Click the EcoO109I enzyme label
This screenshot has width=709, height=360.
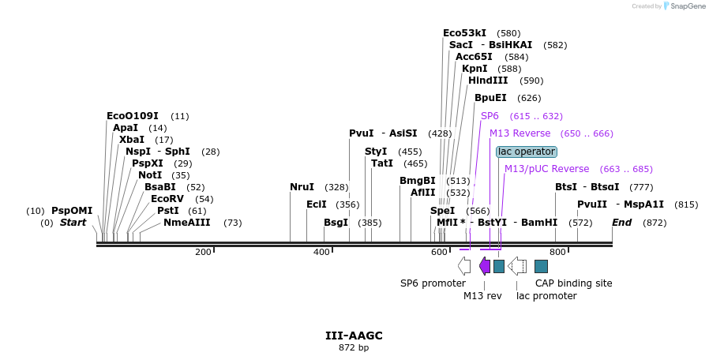point(132,116)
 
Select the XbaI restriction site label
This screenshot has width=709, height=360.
point(132,140)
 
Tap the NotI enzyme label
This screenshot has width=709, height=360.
point(151,175)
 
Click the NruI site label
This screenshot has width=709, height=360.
point(302,187)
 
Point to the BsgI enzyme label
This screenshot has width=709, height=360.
point(336,223)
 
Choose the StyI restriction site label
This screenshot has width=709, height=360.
point(376,152)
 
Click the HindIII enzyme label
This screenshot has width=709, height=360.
point(488,81)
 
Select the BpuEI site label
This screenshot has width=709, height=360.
point(490,99)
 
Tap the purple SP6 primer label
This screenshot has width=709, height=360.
point(490,116)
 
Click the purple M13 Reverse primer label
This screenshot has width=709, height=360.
point(520,133)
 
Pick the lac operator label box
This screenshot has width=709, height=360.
point(526,152)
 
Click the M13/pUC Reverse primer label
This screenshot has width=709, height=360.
point(546,169)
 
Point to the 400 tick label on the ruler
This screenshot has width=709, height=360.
point(321,253)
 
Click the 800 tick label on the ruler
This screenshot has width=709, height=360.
point(557,253)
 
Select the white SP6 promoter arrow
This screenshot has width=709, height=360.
point(464,266)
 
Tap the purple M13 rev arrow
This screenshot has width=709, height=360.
point(485,266)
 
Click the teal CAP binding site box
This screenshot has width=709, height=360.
point(541,266)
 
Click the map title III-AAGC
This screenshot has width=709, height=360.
point(354,336)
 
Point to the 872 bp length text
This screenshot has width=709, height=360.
point(354,347)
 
